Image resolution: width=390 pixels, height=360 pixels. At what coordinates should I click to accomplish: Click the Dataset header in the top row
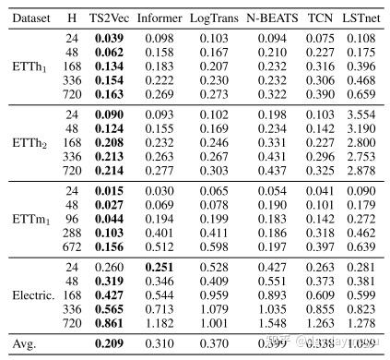[x=29, y=17]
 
